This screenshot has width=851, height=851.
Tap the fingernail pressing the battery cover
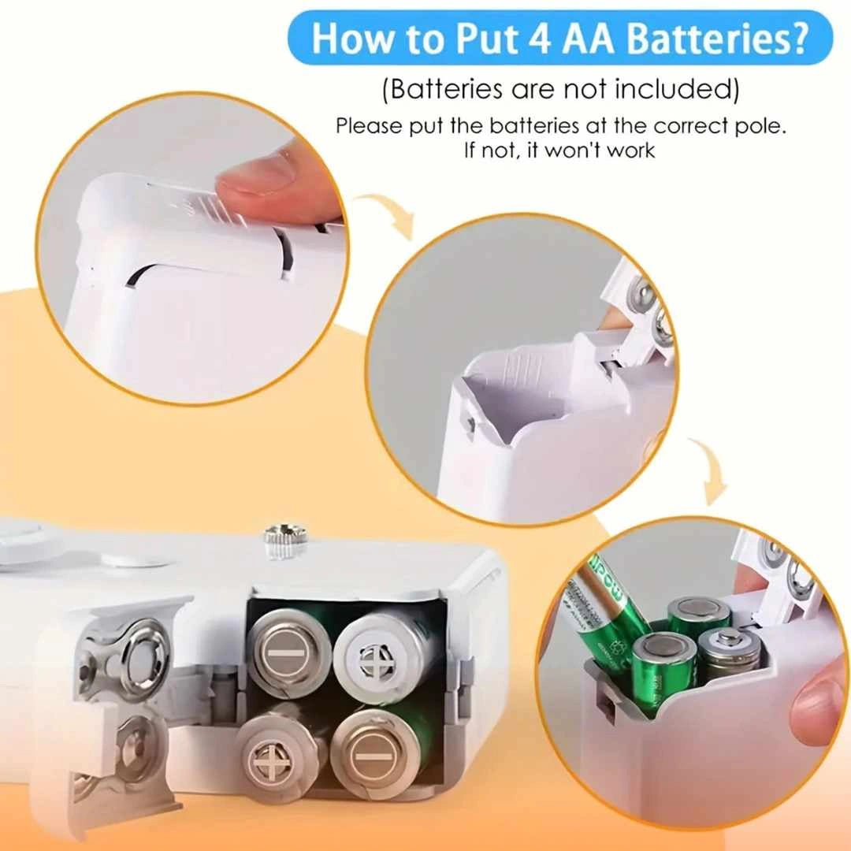(x=262, y=173)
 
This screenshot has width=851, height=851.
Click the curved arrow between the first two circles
(x=385, y=213)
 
